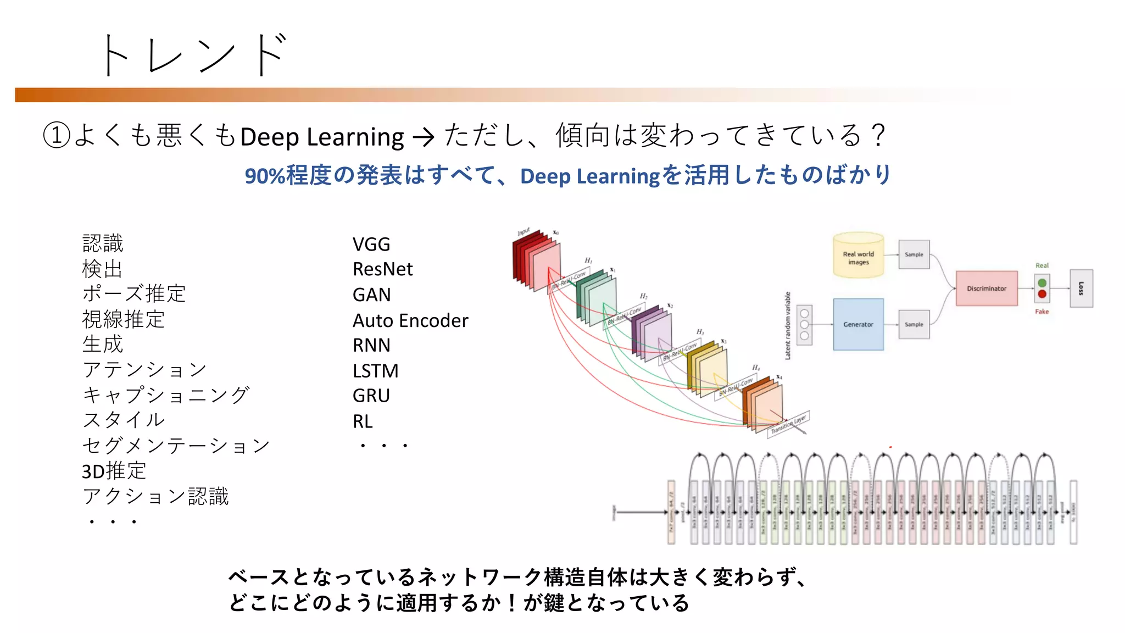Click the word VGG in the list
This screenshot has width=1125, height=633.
371,244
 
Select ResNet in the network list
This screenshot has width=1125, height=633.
382,269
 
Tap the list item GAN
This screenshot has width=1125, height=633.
371,295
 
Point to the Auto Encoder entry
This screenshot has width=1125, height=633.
410,320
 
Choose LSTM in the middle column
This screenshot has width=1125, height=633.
375,371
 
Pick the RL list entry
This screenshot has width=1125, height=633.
363,421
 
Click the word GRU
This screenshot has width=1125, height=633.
371,396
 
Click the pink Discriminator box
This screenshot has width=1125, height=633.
986,288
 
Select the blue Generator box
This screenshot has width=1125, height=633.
858,325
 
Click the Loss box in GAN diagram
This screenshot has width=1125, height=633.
1081,288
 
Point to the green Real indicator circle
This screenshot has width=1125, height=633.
1042,283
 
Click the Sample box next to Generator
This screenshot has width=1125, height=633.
914,325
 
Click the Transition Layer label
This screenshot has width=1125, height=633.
788,424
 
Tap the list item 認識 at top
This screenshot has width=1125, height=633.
103,243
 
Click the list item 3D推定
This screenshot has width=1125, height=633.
114,471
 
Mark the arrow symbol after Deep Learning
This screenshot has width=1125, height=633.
423,137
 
